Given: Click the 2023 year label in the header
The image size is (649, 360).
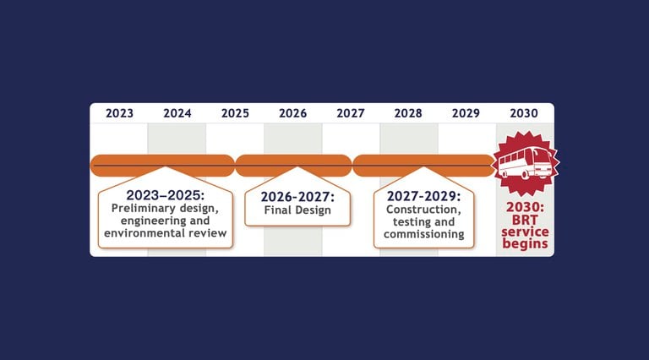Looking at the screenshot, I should pos(119,113).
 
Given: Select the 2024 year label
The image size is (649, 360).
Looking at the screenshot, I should pos(177,113).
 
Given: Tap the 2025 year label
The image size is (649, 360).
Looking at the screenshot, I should pos(235,113).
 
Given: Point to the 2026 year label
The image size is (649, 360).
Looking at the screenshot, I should pos(292,113).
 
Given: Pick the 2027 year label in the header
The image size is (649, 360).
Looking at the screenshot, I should pos(350,113).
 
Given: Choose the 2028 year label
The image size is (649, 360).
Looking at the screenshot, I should pos(408,113).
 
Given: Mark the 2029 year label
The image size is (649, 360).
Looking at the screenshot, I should pos(466,113).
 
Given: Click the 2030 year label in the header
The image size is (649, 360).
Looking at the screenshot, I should pos(524,113).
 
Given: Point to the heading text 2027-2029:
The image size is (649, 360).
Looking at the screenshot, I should pos(423,195).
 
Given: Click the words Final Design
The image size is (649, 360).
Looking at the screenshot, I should pos(297,210).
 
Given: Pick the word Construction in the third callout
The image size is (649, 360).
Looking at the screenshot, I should pos(423,209).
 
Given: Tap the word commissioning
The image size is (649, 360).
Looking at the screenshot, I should pos(423,234).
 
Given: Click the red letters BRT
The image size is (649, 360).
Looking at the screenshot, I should pos(524,220).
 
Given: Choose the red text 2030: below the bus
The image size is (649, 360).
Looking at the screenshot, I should pos(526,207).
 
